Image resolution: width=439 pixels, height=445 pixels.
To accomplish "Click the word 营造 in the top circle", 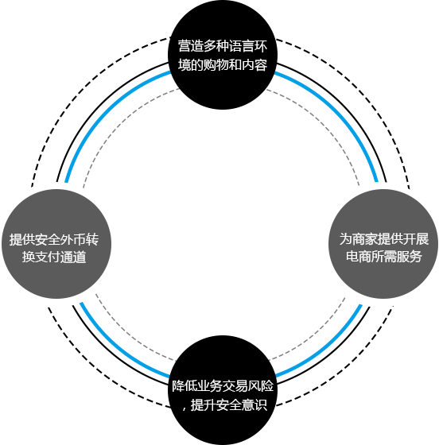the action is (191, 46).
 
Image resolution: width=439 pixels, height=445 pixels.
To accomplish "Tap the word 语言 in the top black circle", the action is (242, 46).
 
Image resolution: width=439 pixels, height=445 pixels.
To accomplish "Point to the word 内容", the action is (254, 65).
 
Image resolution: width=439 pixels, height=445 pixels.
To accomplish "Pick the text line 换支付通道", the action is (54, 257).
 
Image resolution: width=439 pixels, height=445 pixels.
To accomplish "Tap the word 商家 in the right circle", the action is (364, 238).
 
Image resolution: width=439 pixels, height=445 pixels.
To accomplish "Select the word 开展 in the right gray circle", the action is (416, 238).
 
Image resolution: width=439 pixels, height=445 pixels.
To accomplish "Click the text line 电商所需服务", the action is (384, 256).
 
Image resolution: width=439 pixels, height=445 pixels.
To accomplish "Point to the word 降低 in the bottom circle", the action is (185, 386).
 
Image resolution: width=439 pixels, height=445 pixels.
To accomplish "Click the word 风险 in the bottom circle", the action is (261, 386).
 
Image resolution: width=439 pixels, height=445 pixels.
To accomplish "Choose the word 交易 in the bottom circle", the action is (235, 386).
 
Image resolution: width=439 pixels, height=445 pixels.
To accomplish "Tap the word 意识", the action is (254, 404).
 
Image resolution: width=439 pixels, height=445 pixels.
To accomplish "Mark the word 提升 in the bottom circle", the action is (204, 404).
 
